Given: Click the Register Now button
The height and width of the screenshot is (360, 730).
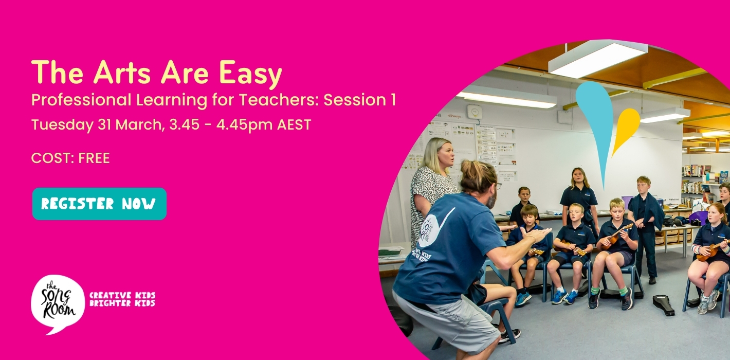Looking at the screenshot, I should click(x=99, y=204).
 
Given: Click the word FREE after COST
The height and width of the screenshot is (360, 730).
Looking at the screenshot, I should click(x=94, y=158).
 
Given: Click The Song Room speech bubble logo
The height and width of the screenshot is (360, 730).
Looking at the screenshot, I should click(x=57, y=303).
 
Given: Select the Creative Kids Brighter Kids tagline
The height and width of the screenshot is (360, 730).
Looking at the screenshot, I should click(x=122, y=299).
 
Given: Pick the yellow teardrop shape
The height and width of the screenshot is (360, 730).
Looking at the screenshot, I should click(x=626, y=129).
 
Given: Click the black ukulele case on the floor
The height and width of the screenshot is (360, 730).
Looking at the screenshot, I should click(x=663, y=304).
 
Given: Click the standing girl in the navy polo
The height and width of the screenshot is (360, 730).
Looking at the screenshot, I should click(x=579, y=195).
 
